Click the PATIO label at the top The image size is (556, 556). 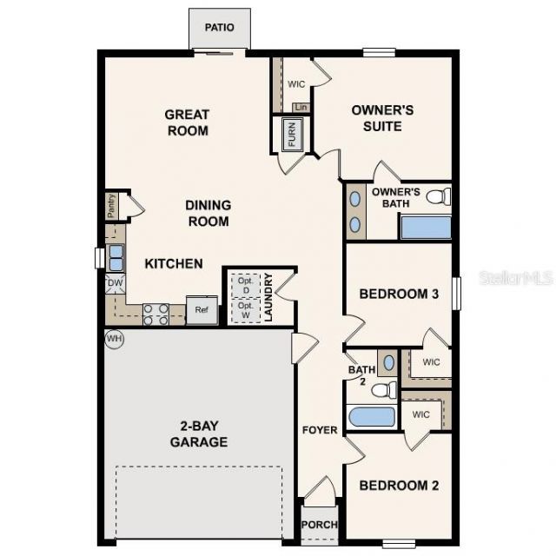tap(220, 28)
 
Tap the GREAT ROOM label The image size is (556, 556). tap(187, 122)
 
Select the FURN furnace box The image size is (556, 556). tap(292, 135)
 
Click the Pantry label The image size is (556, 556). tap(111, 206)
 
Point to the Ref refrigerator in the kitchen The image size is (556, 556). tap(201, 310)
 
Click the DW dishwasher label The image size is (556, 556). tap(115, 283)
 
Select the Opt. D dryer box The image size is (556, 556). tap(244, 284)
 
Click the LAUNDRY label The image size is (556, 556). tap(268, 298)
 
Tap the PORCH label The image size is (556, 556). tap(318, 526)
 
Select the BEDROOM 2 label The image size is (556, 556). tap(399, 486)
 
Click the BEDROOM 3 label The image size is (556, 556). tap(399, 294)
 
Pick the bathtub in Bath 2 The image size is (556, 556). tap(372, 415)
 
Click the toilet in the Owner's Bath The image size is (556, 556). tap(439, 196)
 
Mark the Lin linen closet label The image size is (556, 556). tap(301, 107)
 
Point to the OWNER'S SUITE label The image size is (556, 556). tap(381, 118)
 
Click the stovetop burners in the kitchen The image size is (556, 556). tap(156, 313)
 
